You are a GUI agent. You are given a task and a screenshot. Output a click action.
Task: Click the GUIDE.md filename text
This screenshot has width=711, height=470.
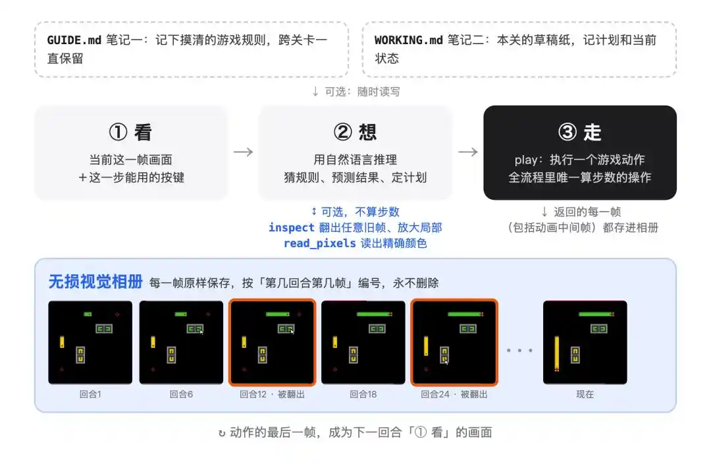(74, 40)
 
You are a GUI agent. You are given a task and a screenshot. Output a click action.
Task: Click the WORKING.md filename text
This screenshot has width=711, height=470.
(409, 40)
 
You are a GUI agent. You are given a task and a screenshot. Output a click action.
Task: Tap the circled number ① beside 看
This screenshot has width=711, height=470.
(118, 132)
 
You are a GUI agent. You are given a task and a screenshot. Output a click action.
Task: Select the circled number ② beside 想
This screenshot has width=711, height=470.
(343, 132)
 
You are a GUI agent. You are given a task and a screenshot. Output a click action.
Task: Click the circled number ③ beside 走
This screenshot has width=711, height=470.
(567, 132)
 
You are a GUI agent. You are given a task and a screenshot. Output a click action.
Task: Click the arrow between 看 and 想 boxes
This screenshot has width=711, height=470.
(244, 152)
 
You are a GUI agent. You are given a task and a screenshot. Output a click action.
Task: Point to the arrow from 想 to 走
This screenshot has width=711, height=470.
(468, 152)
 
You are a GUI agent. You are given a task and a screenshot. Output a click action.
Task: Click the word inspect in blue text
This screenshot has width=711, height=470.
(291, 227)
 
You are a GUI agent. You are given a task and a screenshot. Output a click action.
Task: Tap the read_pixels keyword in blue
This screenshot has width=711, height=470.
(320, 243)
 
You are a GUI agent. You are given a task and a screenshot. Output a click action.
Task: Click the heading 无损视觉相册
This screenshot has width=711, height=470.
(95, 282)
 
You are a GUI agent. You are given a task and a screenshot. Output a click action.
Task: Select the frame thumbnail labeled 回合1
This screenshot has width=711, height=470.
(90, 342)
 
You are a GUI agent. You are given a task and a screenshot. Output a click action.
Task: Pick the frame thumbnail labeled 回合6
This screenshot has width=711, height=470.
(182, 342)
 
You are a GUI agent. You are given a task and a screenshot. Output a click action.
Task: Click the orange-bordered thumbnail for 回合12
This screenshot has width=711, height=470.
(272, 342)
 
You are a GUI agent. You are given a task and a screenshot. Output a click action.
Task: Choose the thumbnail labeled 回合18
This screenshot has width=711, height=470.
(363, 342)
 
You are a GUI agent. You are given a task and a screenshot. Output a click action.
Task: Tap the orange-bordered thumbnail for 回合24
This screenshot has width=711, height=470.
(454, 342)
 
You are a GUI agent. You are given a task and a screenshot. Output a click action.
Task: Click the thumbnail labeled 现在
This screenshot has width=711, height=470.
(585, 342)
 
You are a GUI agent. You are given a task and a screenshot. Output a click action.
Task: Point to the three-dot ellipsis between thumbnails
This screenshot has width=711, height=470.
(519, 350)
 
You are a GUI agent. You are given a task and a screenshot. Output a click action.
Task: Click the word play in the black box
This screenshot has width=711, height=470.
(526, 160)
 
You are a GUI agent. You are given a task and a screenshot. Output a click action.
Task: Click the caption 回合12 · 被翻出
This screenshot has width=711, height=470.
(272, 394)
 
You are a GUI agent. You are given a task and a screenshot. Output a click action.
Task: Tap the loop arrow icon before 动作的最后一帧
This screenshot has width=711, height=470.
(222, 433)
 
